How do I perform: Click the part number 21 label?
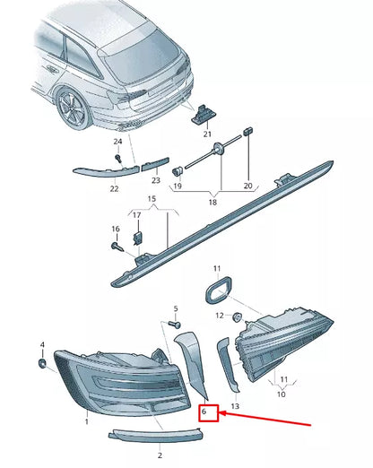pyautogui.click(x=207, y=134)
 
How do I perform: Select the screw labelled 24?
pyautogui.click(x=119, y=158)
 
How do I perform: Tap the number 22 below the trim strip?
pyautogui.click(x=114, y=188)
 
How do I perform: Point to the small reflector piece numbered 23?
pyautogui.click(x=155, y=164)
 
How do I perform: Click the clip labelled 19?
pyautogui.click(x=178, y=171)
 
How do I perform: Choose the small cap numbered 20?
pyautogui.click(x=248, y=131)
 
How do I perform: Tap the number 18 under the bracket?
pyautogui.click(x=213, y=203)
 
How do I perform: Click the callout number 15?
pyautogui.click(x=152, y=199)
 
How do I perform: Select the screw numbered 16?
pyautogui.click(x=117, y=247)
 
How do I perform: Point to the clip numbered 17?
pyautogui.click(x=137, y=238)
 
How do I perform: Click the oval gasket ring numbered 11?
pyautogui.click(x=218, y=290)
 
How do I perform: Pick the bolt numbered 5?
pyautogui.click(x=175, y=325)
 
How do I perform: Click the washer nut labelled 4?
pyautogui.click(x=42, y=363)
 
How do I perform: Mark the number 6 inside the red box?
pyautogui.click(x=204, y=412)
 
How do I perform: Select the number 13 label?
pyautogui.click(x=235, y=406)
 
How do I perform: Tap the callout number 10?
pyautogui.click(x=282, y=394)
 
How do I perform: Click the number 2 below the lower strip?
pyautogui.click(x=160, y=455)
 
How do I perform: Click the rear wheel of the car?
pyautogui.click(x=73, y=108)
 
